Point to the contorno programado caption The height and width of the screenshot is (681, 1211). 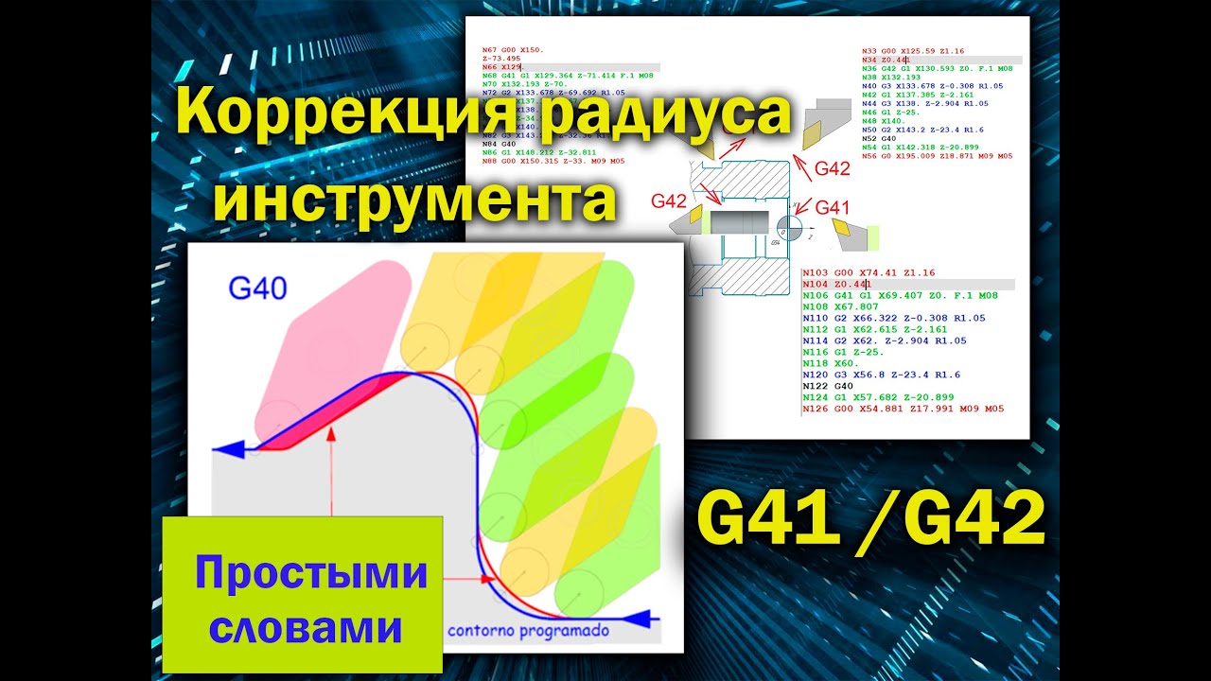528,631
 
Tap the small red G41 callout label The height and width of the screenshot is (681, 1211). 834,207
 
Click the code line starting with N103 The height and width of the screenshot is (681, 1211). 868,272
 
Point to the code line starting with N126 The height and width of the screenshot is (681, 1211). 902,409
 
